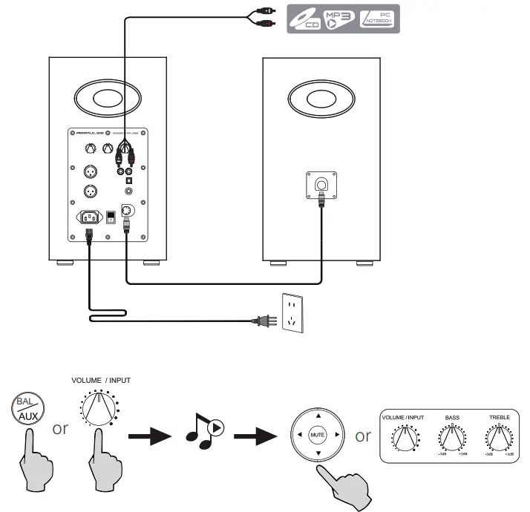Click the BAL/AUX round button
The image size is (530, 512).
tap(28, 410)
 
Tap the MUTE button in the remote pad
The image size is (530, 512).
tap(318, 435)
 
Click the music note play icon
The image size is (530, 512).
tap(201, 433)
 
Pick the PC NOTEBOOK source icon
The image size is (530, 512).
tap(379, 18)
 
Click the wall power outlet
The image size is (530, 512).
tap(293, 313)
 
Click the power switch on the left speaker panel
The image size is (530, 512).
tap(111, 217)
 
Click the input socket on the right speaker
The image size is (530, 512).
tap(321, 184)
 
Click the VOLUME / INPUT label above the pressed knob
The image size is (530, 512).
tap(101, 380)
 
